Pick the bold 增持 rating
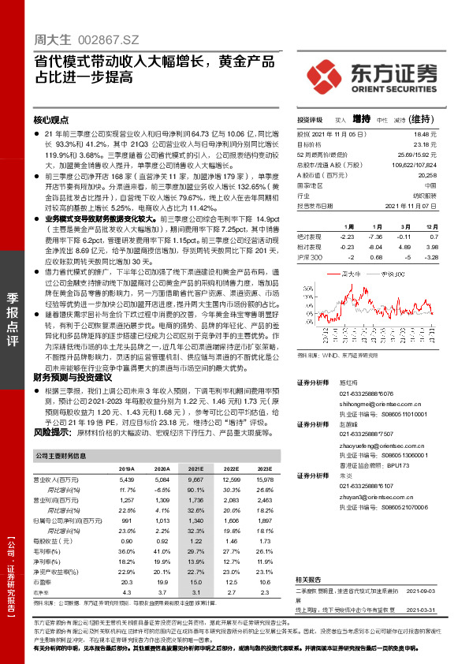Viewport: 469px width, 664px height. pyautogui.click(x=362, y=119)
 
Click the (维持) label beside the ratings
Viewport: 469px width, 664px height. pyautogui.click(x=422, y=119)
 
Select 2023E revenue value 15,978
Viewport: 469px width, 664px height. pyautogui.click(x=263, y=479)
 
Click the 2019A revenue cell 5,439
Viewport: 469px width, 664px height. pyautogui.click(x=126, y=479)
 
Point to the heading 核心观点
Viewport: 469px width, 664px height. pyautogui.click(x=51, y=121)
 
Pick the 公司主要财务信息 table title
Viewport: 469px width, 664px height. pyautogui.click(x=61, y=455)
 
